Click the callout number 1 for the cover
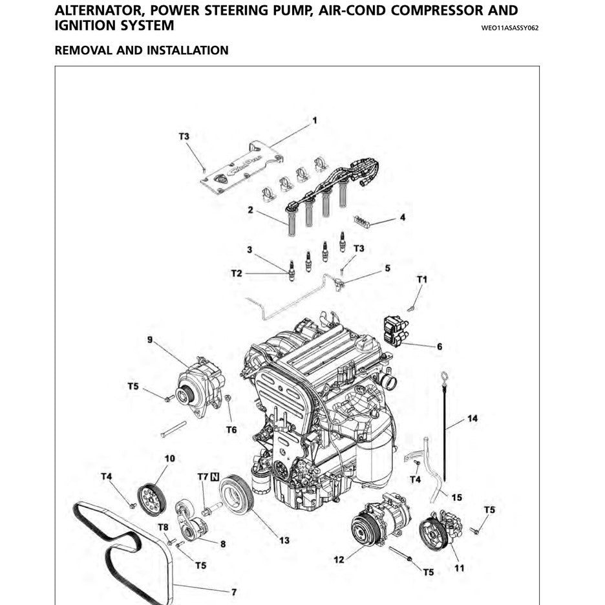(315, 120)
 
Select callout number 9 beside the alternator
(150, 339)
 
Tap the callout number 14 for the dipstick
(472, 419)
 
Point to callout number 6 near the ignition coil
(440, 347)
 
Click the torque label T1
(422, 279)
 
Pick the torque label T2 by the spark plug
(237, 273)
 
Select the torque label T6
(231, 430)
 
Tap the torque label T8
(164, 527)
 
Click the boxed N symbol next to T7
(215, 477)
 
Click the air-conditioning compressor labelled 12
(380, 521)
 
